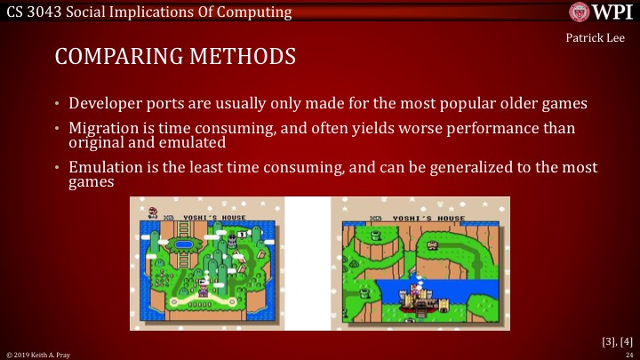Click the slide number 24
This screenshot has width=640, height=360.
point(628,354)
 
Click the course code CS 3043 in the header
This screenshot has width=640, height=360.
point(32,11)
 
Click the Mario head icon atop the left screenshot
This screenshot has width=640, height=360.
point(152,212)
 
